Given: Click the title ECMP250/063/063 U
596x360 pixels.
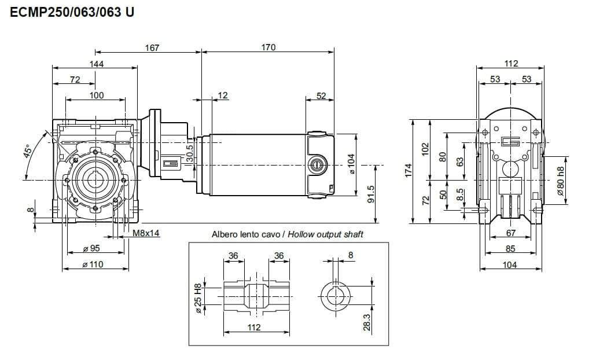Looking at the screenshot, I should [x=72, y=11].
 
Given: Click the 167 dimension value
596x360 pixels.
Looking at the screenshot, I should [x=152, y=47].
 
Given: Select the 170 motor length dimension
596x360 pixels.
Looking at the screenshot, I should [x=268, y=47].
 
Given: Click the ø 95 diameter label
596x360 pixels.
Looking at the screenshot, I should [x=92, y=248].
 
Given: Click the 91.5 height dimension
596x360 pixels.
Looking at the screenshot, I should [x=370, y=194].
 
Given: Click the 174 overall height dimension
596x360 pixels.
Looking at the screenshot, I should [x=408, y=171].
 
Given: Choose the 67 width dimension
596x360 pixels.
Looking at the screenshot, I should [x=510, y=233].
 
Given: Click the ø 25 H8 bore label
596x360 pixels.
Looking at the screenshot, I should [x=197, y=298].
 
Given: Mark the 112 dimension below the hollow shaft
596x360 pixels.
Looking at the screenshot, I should [x=254, y=327].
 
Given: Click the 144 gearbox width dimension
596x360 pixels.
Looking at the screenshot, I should [x=96, y=64].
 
